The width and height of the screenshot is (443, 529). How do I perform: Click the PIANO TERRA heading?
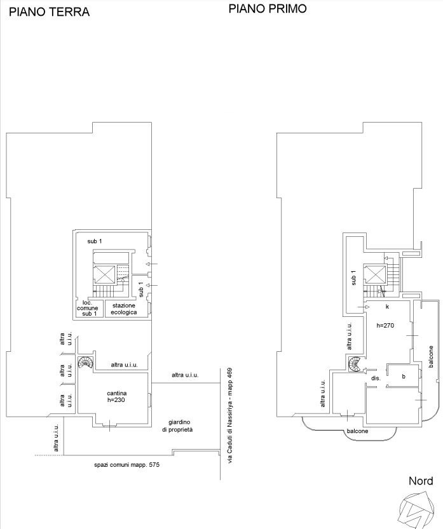click(49, 12)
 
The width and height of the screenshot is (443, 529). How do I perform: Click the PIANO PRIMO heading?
click(268, 8)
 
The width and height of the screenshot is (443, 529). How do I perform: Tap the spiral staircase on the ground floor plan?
click(86, 363)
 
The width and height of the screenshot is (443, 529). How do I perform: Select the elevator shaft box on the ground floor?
click(105, 275)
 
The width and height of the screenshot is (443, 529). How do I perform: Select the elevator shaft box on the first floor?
click(376, 274)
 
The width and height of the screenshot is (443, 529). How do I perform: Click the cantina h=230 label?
click(116, 396)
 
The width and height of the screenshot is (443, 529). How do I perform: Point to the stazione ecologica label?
click(124, 309)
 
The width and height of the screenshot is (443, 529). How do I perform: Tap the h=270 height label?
click(385, 326)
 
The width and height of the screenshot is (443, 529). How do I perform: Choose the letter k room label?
click(387, 307)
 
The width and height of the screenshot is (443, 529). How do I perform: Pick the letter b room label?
click(404, 377)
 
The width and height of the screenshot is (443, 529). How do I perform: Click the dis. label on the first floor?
click(376, 378)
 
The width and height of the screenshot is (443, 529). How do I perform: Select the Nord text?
click(421, 481)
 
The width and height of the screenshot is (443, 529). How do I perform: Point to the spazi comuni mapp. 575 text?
click(126, 465)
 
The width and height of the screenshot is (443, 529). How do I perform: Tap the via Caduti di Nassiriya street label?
click(230, 415)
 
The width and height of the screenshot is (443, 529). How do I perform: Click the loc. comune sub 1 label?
click(88, 308)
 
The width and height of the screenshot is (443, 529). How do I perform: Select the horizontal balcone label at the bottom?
click(357, 431)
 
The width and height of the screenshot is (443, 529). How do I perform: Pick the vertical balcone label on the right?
click(431, 356)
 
